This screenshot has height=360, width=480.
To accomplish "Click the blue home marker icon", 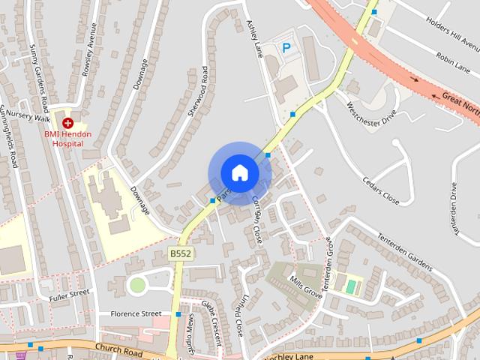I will coord(239,172).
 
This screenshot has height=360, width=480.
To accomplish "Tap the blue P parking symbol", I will coord(286,48).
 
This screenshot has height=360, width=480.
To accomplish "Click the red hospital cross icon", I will coord(67,122).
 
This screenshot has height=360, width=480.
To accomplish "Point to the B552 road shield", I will coord(181,254).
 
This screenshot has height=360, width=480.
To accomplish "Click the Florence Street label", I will coord(136,313).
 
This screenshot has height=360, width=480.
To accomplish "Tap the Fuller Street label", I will coord(69,296).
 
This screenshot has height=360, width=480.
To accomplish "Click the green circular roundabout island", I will coord(136,285).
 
